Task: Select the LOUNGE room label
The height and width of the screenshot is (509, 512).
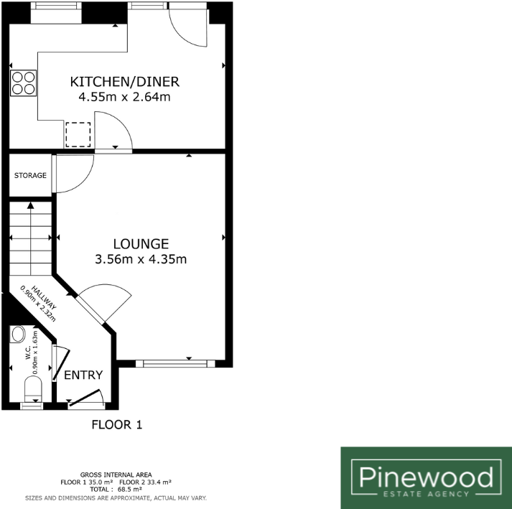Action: tap(140, 244)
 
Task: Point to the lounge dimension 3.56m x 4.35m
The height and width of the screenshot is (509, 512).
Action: tap(141, 260)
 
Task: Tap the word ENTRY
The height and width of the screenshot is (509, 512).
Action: tap(83, 375)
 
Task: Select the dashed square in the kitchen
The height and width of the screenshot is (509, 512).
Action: tap(78, 134)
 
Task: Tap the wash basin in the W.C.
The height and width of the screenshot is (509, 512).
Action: tap(19, 334)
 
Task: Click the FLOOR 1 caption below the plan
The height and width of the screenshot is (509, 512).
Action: tap(117, 424)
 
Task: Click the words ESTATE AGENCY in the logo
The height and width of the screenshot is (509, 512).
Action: tap(426, 493)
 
